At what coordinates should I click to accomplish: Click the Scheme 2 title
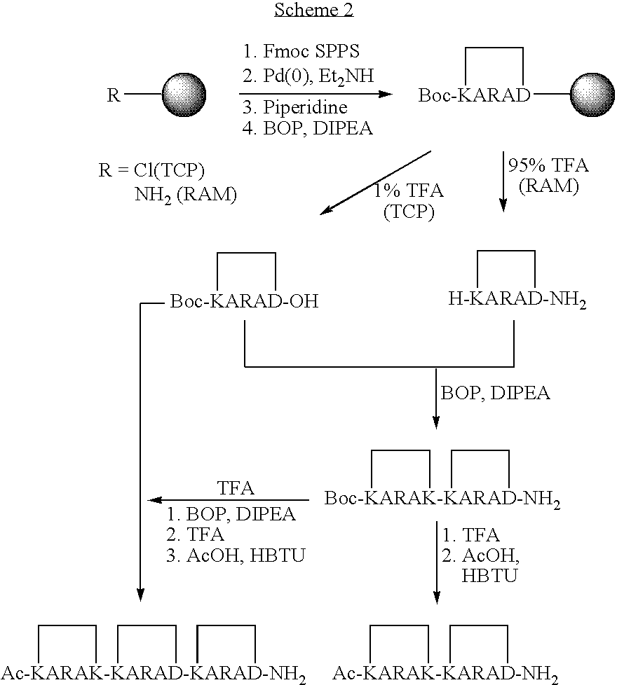[314, 10]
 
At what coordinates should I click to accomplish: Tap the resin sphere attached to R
[184, 95]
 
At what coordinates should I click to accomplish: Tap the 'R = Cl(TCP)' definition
[146, 170]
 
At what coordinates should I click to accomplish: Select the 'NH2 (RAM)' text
[185, 195]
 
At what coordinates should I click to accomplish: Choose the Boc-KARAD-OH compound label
[243, 302]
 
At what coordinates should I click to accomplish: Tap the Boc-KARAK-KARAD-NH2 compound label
[442, 499]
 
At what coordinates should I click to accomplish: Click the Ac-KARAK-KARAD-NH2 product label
[445, 674]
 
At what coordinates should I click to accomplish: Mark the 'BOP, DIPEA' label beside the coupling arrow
[496, 393]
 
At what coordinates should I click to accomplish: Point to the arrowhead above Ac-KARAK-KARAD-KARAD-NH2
[140, 595]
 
